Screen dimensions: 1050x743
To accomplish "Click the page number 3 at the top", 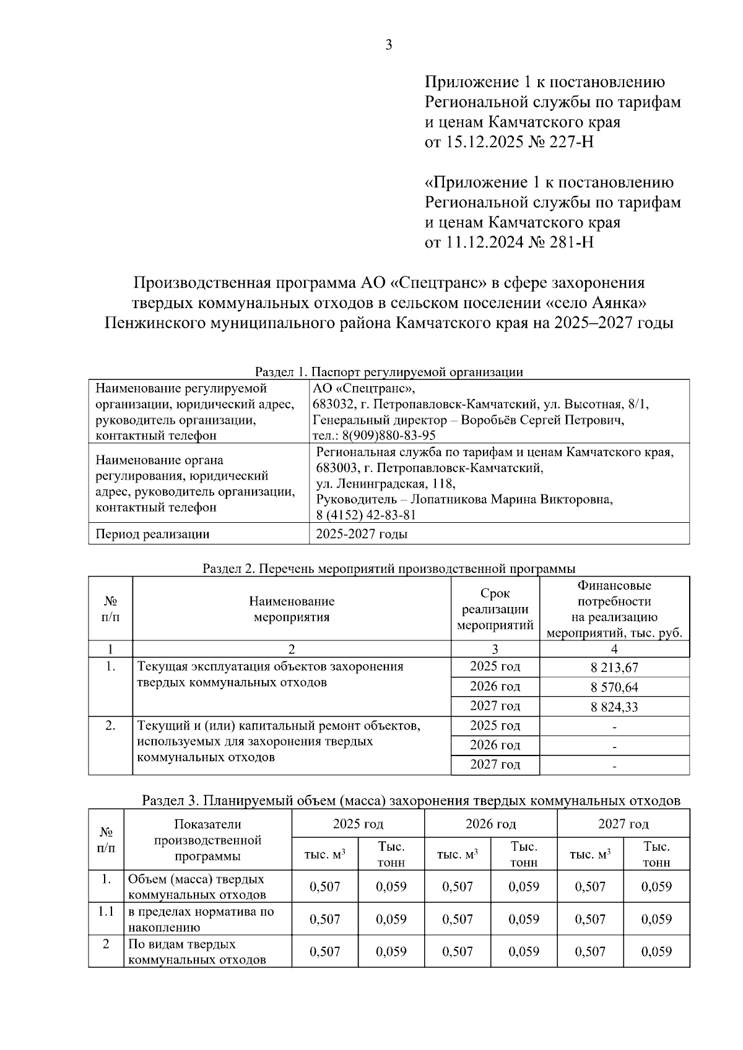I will [388, 45].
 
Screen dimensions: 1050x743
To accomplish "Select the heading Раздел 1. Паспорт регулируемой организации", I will [389, 372].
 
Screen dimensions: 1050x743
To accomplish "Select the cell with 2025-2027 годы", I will [362, 534].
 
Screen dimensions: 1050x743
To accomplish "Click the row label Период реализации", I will [152, 534].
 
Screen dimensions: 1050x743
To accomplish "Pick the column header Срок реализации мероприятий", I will [495, 609].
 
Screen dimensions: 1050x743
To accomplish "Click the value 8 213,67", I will [614, 668].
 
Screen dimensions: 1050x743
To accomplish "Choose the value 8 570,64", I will [614, 687].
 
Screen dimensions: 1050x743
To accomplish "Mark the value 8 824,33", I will [614, 707].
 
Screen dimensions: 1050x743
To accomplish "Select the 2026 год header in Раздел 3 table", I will [490, 824].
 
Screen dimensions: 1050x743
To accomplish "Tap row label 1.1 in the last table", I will [106, 911].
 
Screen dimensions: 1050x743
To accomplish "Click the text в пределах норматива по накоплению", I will [201, 919].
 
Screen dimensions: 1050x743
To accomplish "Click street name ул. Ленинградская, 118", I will [385, 484].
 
